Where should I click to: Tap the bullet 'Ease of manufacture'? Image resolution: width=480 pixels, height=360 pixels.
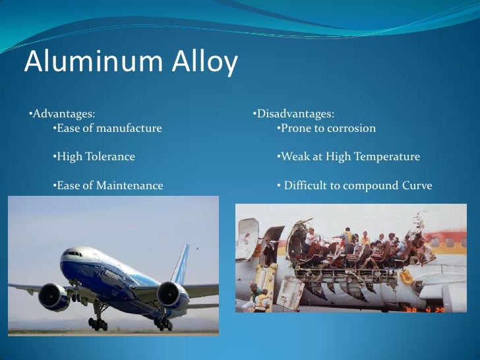[x=107, y=128]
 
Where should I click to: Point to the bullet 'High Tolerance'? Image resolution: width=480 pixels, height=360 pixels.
[x=94, y=157]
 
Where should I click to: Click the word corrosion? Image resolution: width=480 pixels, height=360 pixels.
[x=350, y=128]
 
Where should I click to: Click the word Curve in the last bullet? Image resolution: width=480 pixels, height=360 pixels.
[x=417, y=186]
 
